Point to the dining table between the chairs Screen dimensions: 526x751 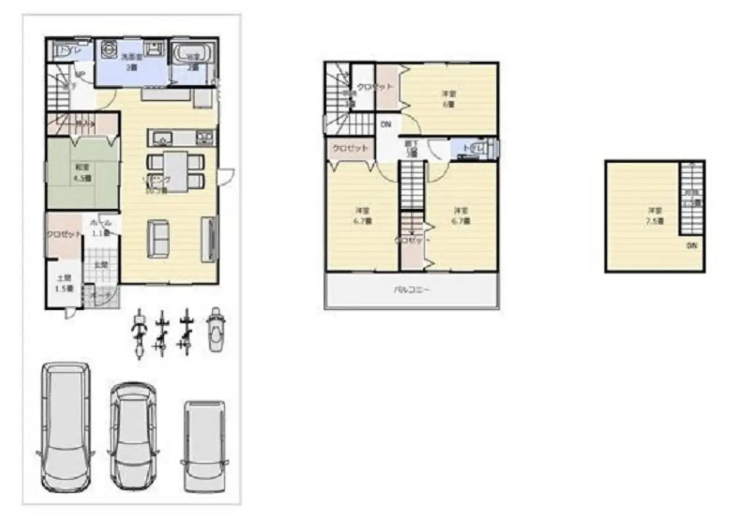(x=175, y=171)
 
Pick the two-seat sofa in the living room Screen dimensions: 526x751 (x=158, y=238)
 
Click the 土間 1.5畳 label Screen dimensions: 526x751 (x=65, y=283)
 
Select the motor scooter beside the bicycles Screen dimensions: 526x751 (x=216, y=329)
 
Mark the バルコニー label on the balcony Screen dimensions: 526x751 (x=411, y=290)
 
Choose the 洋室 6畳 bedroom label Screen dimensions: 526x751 (x=449, y=99)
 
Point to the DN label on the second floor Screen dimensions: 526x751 (x=386, y=125)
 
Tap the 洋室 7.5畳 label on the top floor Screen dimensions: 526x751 (x=655, y=216)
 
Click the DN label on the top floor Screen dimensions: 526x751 (x=692, y=246)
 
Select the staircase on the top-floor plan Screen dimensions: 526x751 (x=692, y=197)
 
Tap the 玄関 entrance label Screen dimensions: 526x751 (x=101, y=265)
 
